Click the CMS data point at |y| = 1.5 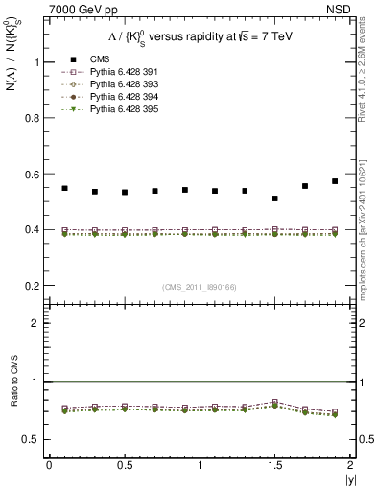pyautogui.click(x=275, y=199)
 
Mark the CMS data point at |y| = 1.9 pyautogui.click(x=335, y=181)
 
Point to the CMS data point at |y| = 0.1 pyautogui.click(x=64, y=188)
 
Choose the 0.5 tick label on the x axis pyautogui.click(x=124, y=465)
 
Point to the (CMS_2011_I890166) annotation pyautogui.click(x=200, y=286)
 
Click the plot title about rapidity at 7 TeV pyautogui.click(x=200, y=35)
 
